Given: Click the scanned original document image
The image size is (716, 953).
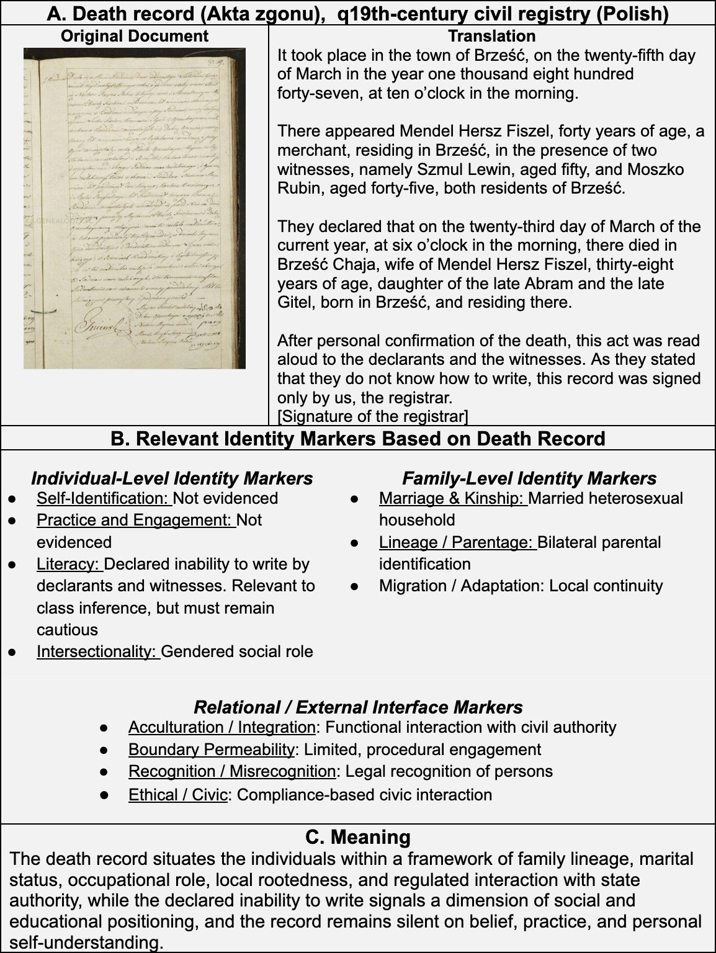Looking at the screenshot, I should tap(134, 208).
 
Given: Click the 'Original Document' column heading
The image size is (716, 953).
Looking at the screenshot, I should tap(135, 37).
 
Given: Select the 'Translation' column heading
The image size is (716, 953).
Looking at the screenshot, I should tap(491, 37).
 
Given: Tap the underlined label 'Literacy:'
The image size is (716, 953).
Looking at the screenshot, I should tap(69, 564).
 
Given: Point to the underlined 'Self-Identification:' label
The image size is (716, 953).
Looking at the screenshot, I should tap(104, 498).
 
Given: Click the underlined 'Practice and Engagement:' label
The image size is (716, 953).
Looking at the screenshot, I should tap(135, 520).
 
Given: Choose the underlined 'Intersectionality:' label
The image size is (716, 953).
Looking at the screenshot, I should tap(98, 651).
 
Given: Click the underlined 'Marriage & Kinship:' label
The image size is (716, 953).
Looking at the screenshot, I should tap(453, 498).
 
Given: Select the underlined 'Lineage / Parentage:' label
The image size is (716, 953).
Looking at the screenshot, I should tap(457, 542).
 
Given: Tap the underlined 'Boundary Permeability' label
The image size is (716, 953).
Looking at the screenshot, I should tap(211, 749).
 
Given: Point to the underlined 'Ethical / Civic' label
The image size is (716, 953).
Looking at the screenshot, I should tap(177, 795).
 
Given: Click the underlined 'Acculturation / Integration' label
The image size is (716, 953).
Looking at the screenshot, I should tap(222, 727).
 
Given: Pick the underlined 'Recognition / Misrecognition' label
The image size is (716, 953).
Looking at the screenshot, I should tap(232, 771).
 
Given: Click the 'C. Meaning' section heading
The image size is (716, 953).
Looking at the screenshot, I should tap(358, 837).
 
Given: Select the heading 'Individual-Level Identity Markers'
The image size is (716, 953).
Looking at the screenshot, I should tap(172, 478).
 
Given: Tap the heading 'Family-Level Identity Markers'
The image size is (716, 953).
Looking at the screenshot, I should tap(529, 478).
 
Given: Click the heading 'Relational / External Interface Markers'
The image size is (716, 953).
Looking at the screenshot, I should tap(358, 707).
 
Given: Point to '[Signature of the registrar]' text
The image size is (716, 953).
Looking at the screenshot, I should tap(372, 416).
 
